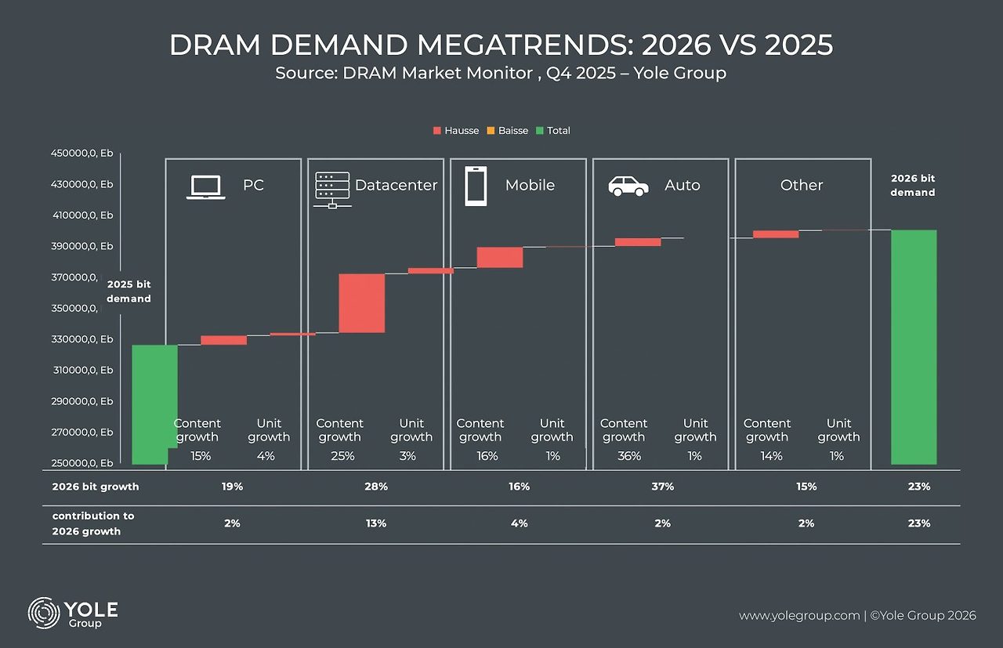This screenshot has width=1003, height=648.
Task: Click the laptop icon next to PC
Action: (205, 187)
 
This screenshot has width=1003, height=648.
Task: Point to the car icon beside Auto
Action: (628, 186)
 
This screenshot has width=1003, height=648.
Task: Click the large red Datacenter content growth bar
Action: (361, 303)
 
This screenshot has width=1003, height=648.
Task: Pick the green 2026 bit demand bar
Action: (914, 346)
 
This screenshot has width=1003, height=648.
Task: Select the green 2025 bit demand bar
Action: (154, 404)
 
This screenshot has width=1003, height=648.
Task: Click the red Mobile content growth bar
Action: (500, 257)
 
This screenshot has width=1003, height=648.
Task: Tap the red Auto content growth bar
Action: (638, 242)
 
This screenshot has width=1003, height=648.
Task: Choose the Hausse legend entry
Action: (455, 131)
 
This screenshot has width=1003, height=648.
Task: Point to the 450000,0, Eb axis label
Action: (82, 154)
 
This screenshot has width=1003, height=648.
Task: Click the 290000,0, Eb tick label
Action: (82, 401)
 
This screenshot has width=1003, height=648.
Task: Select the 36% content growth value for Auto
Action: (629, 456)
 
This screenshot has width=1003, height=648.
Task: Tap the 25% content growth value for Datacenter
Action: (342, 456)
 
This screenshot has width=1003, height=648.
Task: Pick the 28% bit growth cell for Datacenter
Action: (376, 487)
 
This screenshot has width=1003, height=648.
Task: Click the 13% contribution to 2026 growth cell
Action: (376, 523)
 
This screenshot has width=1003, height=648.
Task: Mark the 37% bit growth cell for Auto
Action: (662, 487)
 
